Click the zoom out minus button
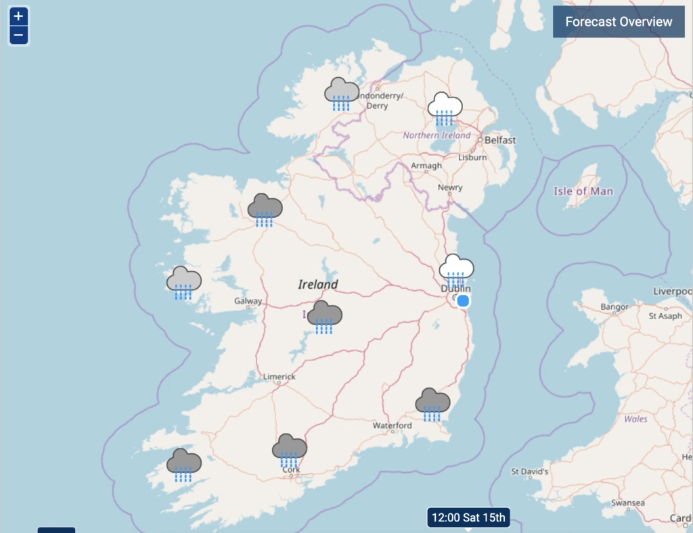(18, 35)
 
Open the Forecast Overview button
(619, 22)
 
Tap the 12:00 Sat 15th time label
(468, 518)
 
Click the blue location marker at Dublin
(463, 301)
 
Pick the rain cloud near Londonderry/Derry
(342, 93)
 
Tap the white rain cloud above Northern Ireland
(445, 108)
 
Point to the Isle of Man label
(583, 191)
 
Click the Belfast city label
(500, 140)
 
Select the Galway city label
(248, 301)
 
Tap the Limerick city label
(280, 377)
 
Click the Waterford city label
(392, 425)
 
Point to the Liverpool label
(673, 292)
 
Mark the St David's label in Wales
(529, 471)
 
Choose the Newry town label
(450, 187)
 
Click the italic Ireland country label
(317, 285)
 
